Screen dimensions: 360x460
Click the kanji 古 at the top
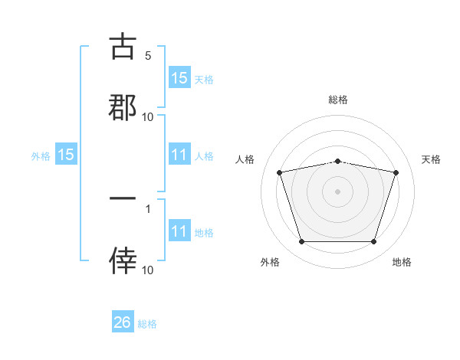[123, 47]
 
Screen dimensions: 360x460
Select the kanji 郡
[123, 106]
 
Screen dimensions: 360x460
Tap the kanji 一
[123, 198]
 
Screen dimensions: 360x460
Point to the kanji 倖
[123, 260]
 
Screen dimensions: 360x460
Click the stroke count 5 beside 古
[148, 56]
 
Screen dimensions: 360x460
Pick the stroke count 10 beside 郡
[148, 117]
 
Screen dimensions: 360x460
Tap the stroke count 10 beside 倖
[148, 270]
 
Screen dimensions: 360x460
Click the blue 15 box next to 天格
[179, 78]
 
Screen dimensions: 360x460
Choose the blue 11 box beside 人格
[179, 155]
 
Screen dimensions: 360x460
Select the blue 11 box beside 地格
[179, 232]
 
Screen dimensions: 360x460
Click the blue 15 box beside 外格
[66, 155]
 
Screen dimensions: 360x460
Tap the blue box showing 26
[123, 323]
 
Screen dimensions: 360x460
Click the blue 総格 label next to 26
[147, 324]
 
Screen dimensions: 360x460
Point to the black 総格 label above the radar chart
[338, 100]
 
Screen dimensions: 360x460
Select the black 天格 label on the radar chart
[432, 159]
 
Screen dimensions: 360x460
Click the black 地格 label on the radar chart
[402, 263]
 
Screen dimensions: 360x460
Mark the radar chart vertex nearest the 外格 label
[301, 242]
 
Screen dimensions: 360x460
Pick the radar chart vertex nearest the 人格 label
[279, 172]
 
